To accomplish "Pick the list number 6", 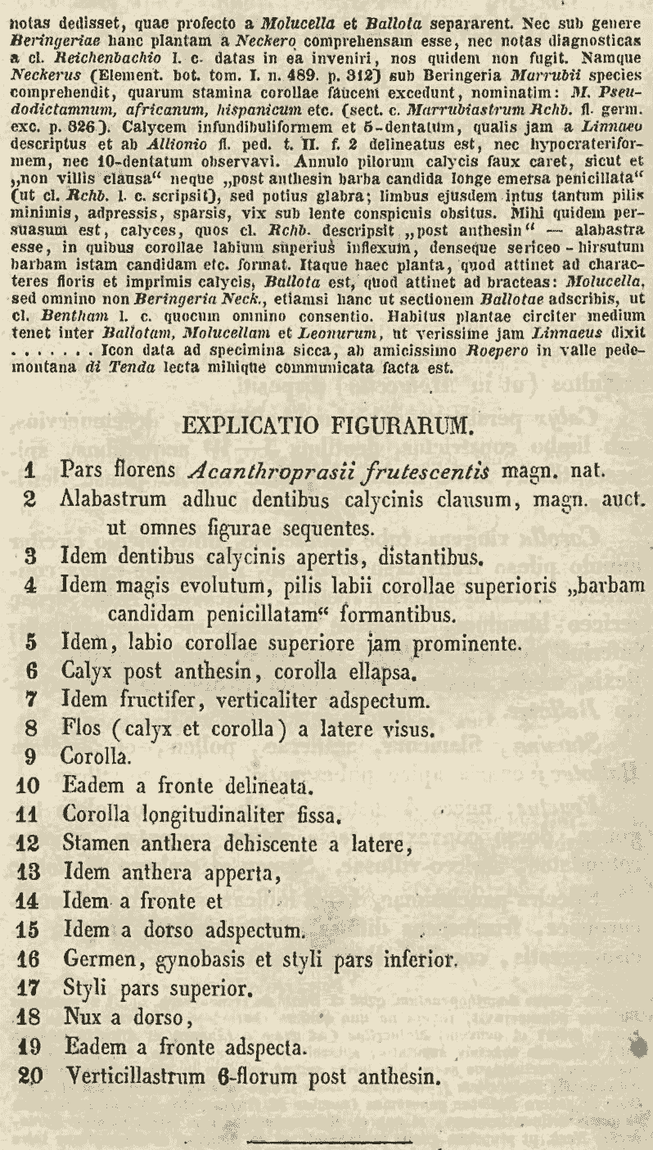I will click(x=32, y=674).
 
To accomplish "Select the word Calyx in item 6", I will click(x=86, y=674).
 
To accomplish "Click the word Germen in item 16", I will click(x=97, y=958).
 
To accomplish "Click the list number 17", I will click(x=28, y=987).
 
